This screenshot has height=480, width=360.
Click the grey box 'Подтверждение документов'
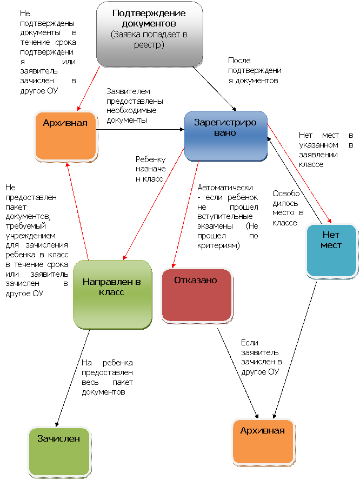[150, 34]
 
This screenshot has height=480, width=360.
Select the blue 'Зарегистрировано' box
[226, 136]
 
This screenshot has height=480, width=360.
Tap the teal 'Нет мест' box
[332, 251]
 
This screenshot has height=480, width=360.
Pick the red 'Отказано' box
[197, 295]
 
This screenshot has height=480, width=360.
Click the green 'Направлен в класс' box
[112, 295]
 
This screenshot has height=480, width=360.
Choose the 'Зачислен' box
[59, 452]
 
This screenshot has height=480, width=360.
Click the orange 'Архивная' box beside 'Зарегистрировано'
[65, 136]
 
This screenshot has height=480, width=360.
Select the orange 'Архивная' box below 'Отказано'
[263, 442]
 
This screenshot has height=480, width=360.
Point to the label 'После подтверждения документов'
[255, 70]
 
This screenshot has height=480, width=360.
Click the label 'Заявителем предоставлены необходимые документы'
[135, 105]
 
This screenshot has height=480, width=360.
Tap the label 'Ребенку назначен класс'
[151, 169]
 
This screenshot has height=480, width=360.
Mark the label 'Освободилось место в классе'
[288, 208]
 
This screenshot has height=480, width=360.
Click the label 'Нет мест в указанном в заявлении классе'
[326, 150]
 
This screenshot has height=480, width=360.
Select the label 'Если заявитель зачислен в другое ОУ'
[262, 357]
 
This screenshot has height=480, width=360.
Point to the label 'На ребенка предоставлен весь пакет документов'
[107, 377]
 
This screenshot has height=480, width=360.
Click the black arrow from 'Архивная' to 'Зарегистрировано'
[140, 130]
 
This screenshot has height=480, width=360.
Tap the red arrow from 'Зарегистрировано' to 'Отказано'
[185, 214]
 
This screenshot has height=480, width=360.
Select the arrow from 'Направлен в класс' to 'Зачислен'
[73, 378]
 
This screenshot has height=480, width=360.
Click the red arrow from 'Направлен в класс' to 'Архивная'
[77, 211]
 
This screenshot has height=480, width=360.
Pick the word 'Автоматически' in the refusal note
[225, 188]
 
